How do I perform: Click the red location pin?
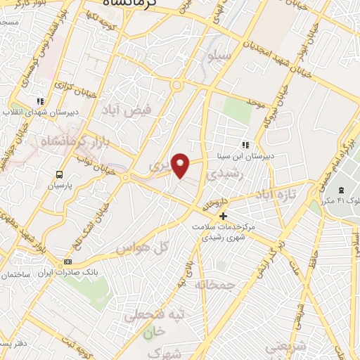pos(181,165)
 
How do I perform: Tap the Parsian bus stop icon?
pos(60,174)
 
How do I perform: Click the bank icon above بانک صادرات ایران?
pos(67,262)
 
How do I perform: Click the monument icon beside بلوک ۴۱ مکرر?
pos(342,190)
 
